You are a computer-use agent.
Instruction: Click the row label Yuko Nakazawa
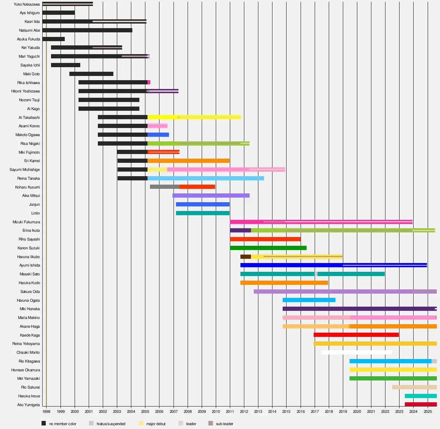[x=27, y=4]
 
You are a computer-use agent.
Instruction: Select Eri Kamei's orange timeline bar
[x=188, y=161]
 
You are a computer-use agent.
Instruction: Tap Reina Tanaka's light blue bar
[x=206, y=178]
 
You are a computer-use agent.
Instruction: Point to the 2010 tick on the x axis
[x=216, y=411]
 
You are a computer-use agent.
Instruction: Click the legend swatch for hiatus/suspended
[x=91, y=423]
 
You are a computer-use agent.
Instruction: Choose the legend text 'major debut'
[x=156, y=424]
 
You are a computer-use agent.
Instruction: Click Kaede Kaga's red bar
[x=356, y=335]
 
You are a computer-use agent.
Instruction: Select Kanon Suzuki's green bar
[x=268, y=248]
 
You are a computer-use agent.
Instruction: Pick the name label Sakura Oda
[x=30, y=292]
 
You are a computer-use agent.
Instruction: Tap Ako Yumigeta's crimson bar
[x=421, y=404]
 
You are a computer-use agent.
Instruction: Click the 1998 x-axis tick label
[x=46, y=411]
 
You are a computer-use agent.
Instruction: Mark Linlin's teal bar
[x=202, y=213]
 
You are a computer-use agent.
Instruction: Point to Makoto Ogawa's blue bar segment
[x=158, y=135]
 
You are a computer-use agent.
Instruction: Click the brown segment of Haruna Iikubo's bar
[x=245, y=257]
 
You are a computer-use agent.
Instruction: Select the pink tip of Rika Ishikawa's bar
[x=149, y=82]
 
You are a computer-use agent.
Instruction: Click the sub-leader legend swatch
[x=210, y=423]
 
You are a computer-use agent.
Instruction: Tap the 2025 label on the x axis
[x=428, y=411]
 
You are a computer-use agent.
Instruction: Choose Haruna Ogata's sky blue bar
[x=309, y=300]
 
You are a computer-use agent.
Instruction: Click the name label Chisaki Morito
[x=28, y=352]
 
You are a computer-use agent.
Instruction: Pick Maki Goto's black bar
[x=91, y=74]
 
